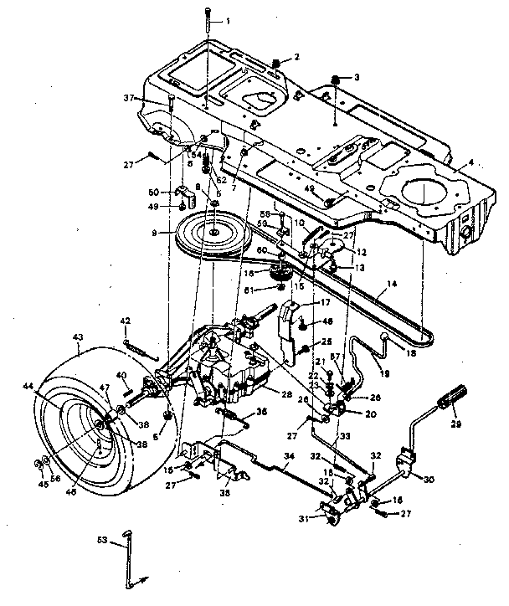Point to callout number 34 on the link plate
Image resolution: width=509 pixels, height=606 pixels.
[x=289, y=456]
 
